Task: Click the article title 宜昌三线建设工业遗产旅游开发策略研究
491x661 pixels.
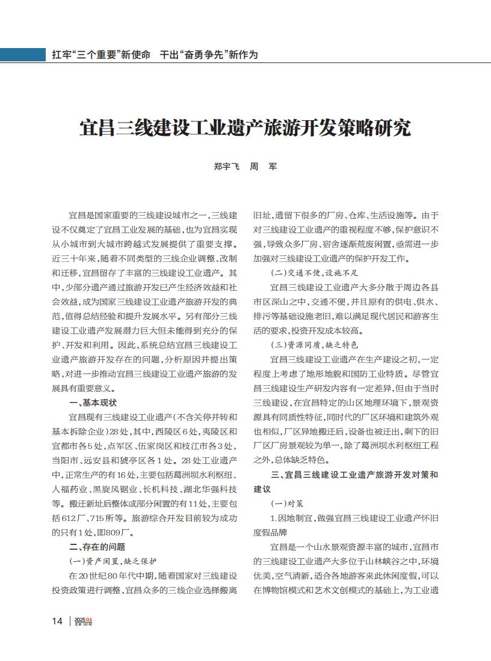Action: [x=245, y=128]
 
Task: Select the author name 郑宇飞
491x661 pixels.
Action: [x=227, y=166]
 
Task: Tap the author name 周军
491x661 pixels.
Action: [x=263, y=166]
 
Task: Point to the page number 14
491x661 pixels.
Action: [x=57, y=621]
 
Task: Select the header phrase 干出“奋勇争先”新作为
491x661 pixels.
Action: [x=208, y=55]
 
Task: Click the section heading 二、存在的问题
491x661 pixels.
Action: [x=97, y=546]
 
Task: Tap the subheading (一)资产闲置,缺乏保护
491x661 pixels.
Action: [x=114, y=561]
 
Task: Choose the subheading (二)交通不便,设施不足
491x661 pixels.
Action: [x=315, y=272]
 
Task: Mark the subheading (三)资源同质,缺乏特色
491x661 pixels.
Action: [x=315, y=344]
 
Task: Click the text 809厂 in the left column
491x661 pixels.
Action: [x=123, y=532]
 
